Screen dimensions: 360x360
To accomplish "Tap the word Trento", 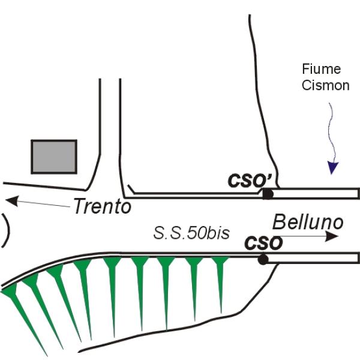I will pos(102,207).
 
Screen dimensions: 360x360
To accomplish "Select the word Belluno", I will pos(308,223).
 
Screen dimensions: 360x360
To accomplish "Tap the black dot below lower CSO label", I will pos(262,259).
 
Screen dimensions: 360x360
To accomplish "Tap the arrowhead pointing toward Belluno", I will pos(331,237).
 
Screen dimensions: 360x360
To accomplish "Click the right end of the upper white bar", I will pos(358,193).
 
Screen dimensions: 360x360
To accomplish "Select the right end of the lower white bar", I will pos(358,258).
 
